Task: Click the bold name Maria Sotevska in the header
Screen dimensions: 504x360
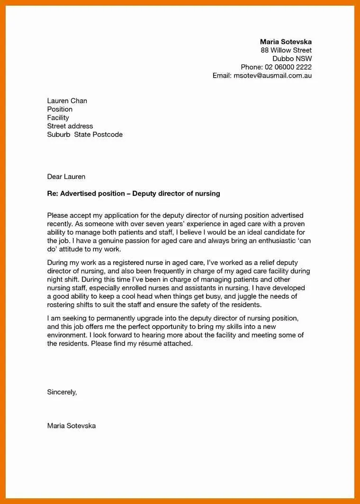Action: coord(286,42)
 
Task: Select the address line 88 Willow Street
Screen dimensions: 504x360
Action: coord(286,50)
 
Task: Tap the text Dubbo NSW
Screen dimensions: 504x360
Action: coord(292,59)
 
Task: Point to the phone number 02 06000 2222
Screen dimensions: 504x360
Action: coord(288,67)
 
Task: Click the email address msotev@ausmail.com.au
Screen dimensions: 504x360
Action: coord(273,76)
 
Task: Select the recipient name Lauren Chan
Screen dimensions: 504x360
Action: coord(67,101)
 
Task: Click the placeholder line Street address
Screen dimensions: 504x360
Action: coord(70,126)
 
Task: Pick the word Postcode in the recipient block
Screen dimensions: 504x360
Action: coord(108,135)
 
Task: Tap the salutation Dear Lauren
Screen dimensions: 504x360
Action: coord(66,177)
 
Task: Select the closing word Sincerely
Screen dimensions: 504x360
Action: coord(62,392)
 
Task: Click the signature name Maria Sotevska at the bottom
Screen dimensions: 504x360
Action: coord(71,426)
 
